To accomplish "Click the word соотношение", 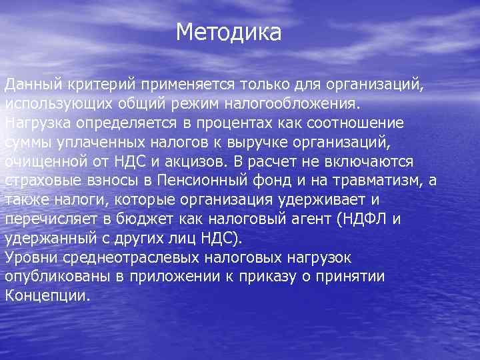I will pyautogui.click(x=366, y=124).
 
